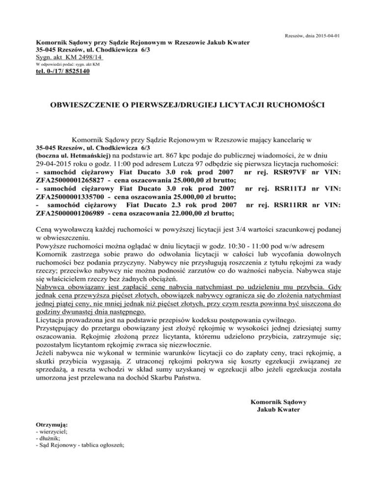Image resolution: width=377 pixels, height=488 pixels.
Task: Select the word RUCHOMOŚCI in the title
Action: tap(301, 105)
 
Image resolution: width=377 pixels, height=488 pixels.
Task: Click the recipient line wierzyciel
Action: tap(56, 431)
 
